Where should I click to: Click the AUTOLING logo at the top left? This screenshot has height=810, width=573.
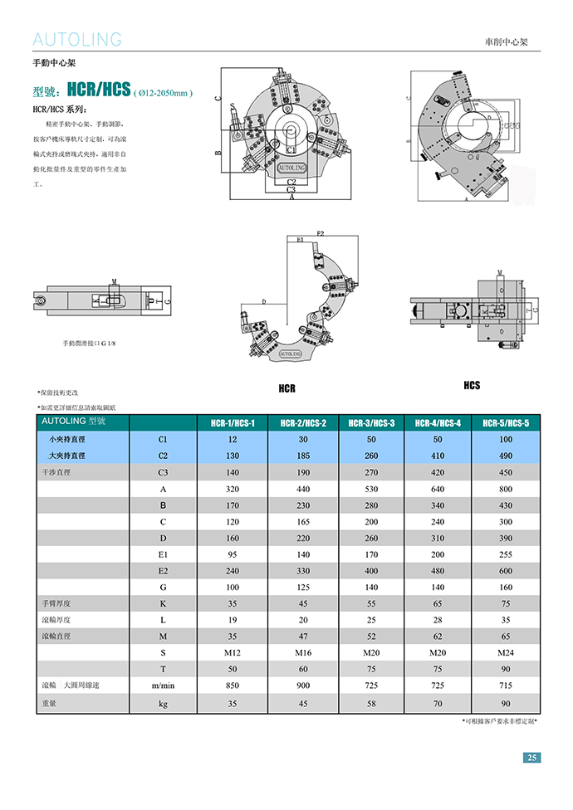pyautogui.click(x=76, y=39)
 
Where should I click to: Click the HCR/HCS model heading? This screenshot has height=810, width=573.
pyautogui.click(x=100, y=90)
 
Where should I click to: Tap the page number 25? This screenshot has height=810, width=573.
pyautogui.click(x=532, y=757)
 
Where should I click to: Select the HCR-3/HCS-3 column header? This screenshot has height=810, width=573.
pyautogui.click(x=371, y=423)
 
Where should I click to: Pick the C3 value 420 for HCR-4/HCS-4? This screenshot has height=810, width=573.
pyautogui.click(x=438, y=472)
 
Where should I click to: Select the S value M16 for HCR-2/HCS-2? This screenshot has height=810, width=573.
pyautogui.click(x=303, y=652)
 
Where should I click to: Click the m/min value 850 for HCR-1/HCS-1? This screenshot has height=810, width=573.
pyautogui.click(x=233, y=686)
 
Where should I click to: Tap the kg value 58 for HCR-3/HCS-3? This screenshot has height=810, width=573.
pyautogui.click(x=371, y=703)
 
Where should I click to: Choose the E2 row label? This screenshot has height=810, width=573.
pyautogui.click(x=163, y=571)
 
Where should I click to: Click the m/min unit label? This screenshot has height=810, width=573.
pyautogui.click(x=163, y=686)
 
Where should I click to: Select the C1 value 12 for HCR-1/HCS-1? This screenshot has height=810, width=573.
pyautogui.click(x=233, y=439)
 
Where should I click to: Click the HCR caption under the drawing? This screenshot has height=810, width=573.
pyautogui.click(x=286, y=388)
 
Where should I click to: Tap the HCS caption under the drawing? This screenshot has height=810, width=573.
pyautogui.click(x=472, y=385)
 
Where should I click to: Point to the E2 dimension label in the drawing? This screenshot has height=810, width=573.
pyautogui.click(x=321, y=233)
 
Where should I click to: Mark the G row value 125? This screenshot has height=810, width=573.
pyautogui.click(x=303, y=587)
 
